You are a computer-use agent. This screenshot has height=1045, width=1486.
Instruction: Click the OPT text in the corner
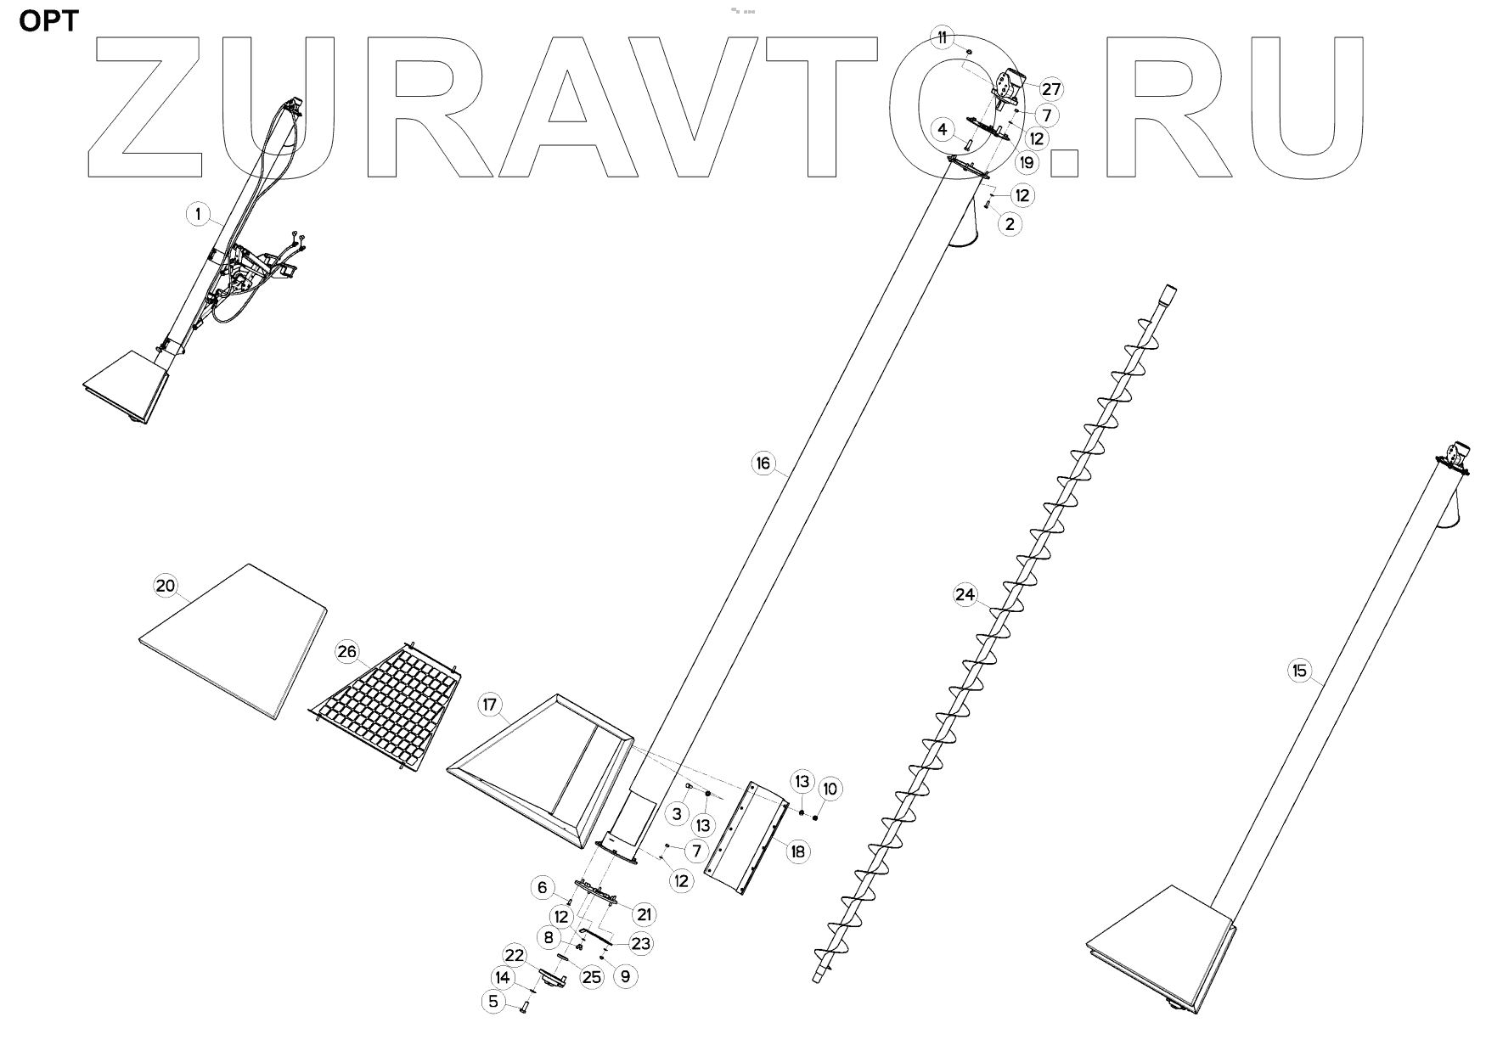(x=48, y=20)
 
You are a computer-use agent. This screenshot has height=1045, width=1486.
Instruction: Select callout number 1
(x=198, y=215)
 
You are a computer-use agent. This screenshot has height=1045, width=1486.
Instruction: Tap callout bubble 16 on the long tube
(x=763, y=463)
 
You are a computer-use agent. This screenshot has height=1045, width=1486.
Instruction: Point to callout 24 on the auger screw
(x=965, y=595)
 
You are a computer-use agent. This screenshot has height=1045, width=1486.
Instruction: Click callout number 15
(x=1299, y=671)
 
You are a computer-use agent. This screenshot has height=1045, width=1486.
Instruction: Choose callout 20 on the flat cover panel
(x=166, y=586)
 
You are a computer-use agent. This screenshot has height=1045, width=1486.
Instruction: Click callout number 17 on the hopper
(x=490, y=705)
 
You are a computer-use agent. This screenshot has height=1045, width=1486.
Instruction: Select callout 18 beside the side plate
(x=797, y=851)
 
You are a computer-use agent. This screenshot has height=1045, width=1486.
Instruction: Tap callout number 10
(x=830, y=789)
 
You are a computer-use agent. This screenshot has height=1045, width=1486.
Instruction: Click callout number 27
(x=1051, y=89)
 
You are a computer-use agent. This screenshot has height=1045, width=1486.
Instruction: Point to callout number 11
(x=943, y=37)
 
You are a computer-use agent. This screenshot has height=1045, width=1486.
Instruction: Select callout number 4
(x=943, y=130)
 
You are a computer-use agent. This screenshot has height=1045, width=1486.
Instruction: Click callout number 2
(x=1009, y=224)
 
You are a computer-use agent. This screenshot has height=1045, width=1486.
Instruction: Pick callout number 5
(x=493, y=1002)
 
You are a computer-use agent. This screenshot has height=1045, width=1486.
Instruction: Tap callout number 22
(x=515, y=954)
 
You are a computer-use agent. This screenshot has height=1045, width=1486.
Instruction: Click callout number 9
(x=625, y=976)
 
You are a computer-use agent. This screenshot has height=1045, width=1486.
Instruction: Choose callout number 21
(x=644, y=914)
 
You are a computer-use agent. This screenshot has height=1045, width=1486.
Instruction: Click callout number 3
(x=677, y=814)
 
